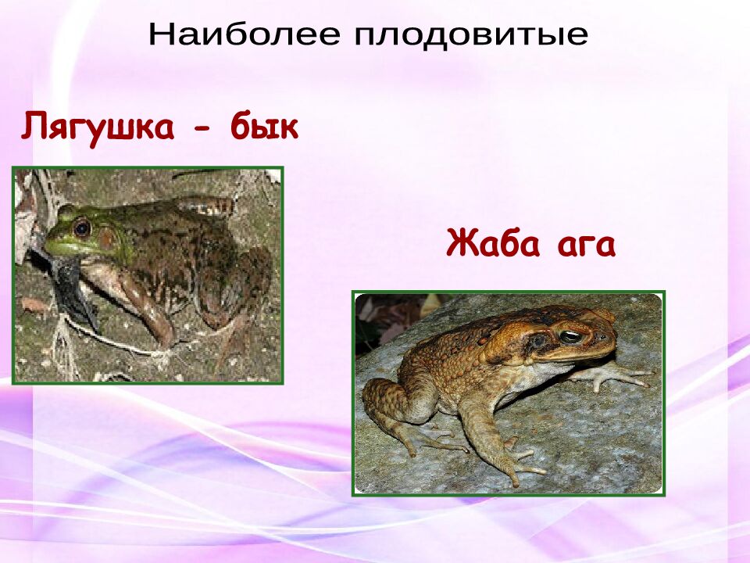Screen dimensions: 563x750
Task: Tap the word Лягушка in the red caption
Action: pos(98,127)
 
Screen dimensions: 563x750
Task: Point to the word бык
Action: pos(264,127)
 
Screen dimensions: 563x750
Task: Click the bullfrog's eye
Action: pos(81,228)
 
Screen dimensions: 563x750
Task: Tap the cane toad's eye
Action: pos(571,336)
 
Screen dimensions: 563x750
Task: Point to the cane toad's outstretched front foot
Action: pos(617,378)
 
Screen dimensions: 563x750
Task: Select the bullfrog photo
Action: pos(148,274)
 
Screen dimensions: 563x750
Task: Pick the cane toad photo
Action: pos(509,393)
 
